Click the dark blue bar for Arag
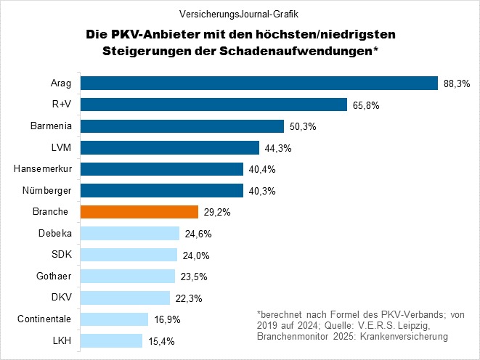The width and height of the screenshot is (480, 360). pyautogui.click(x=259, y=83)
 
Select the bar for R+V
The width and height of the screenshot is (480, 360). pyautogui.click(x=213, y=105)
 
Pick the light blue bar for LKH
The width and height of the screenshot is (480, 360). pyautogui.click(x=111, y=340)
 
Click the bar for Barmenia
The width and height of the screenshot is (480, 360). pyautogui.click(x=182, y=126)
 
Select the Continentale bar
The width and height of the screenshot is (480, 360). pyautogui.click(x=114, y=319)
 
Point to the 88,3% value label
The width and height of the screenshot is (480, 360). pyautogui.click(x=457, y=84)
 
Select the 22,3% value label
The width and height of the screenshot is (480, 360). pyautogui.click(x=189, y=298)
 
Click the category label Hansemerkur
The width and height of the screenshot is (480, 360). pyautogui.click(x=43, y=169)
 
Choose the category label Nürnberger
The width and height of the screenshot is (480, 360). pyautogui.click(x=47, y=191)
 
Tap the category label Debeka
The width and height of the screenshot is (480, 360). pyautogui.click(x=54, y=234)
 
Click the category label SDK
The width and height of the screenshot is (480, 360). pyautogui.click(x=60, y=255)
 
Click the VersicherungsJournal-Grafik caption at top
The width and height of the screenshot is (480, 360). pyautogui.click(x=240, y=13)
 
